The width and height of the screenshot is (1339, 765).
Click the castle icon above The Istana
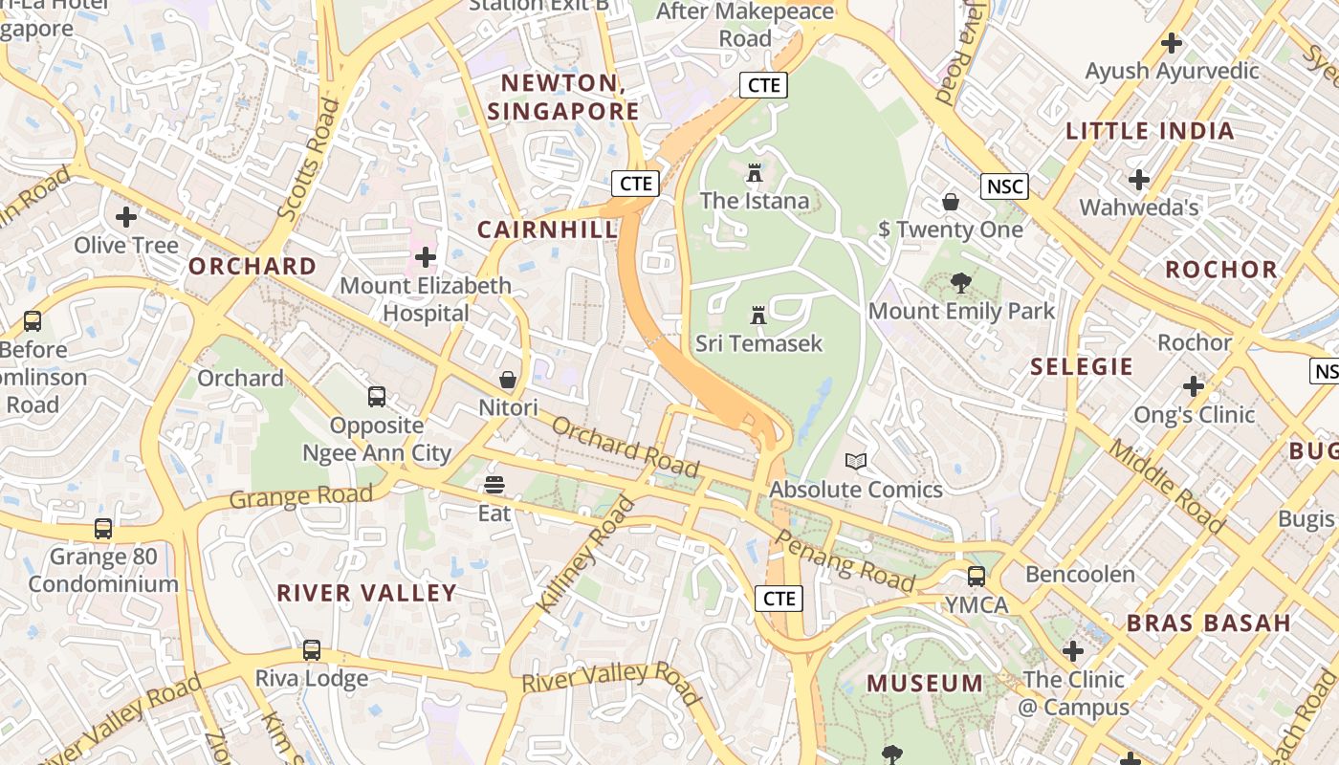click(755, 174)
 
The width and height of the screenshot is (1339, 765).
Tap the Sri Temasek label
click(758, 342)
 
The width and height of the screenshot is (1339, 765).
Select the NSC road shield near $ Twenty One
click(1004, 186)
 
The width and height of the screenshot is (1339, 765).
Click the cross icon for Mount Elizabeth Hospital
click(426, 257)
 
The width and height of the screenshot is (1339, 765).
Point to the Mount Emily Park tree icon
click(960, 283)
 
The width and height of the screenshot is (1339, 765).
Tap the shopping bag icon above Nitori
click(508, 380)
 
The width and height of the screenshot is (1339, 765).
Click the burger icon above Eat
click(494, 485)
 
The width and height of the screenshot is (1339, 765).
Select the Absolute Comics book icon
click(856, 462)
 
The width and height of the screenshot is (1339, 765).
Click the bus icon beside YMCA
click(976, 577)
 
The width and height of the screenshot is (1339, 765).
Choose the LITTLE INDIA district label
click(1150, 131)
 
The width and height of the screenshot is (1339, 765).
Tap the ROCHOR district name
click(1221, 270)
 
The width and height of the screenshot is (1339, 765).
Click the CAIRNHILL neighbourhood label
click(547, 229)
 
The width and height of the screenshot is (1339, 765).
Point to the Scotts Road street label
click(308, 161)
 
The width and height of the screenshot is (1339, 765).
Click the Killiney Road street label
click(585, 555)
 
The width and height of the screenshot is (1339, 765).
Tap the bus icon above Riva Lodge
click(311, 650)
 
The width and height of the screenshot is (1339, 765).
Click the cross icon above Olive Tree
click(126, 217)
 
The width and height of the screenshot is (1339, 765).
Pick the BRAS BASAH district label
click(1209, 623)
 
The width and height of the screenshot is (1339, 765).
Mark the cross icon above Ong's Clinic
click(1193, 386)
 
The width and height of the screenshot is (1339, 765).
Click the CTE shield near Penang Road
click(779, 599)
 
